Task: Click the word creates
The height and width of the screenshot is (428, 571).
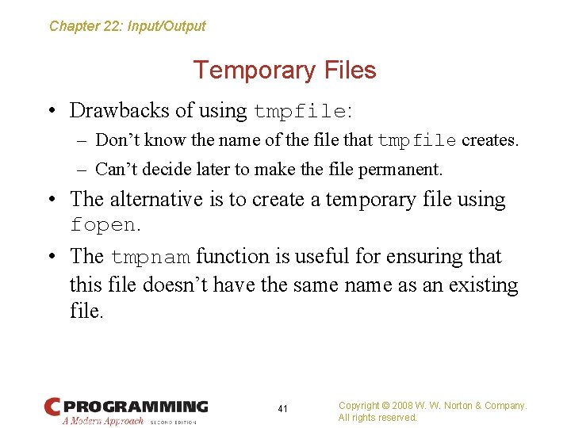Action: (489, 141)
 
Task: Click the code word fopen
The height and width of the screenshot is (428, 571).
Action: (103, 224)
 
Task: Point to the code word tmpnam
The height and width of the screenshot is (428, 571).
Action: (150, 257)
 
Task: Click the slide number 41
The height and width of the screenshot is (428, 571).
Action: (283, 409)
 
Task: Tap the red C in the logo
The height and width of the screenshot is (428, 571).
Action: (53, 407)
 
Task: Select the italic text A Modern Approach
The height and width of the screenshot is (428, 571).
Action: (103, 421)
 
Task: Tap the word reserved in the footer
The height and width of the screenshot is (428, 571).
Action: (397, 418)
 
